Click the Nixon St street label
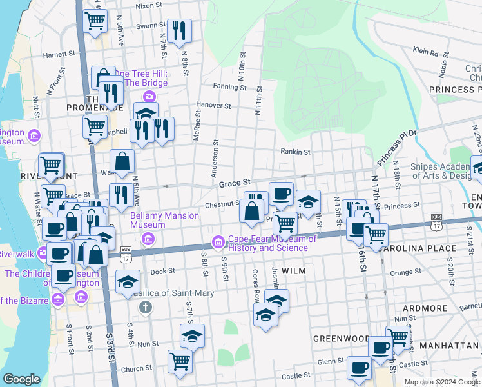[148, 6]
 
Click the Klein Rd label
[425, 51]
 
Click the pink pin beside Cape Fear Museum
[218, 243]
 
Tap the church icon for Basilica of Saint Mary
[146, 306]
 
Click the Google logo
[21, 379]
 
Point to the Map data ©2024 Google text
[442, 382]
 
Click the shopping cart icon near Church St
[180, 360]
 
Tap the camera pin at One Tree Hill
[149, 97]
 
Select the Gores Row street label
[255, 286]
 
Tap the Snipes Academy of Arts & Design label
[442, 170]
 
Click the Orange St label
[405, 272]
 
